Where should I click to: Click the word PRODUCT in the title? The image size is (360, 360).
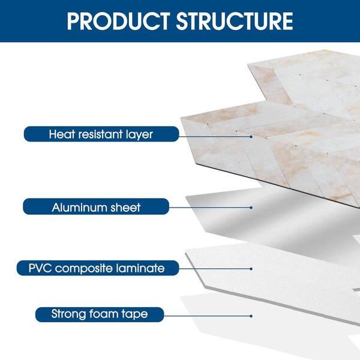point(118,21)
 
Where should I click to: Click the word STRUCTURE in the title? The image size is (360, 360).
point(235,21)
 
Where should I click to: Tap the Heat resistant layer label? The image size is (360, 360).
point(101,134)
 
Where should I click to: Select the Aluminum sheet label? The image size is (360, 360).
point(96,206)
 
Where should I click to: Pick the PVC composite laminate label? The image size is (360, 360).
point(98,268)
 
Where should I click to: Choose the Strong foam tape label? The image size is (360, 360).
point(100,314)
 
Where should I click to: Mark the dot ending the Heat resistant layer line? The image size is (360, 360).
point(251,137)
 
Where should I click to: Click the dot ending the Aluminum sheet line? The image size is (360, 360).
point(251,208)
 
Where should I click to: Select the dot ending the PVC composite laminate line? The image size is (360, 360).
point(251,269)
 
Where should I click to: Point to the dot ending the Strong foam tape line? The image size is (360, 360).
point(251,316)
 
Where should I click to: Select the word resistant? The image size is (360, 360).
point(100,134)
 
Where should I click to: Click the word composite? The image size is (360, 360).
point(83,269)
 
